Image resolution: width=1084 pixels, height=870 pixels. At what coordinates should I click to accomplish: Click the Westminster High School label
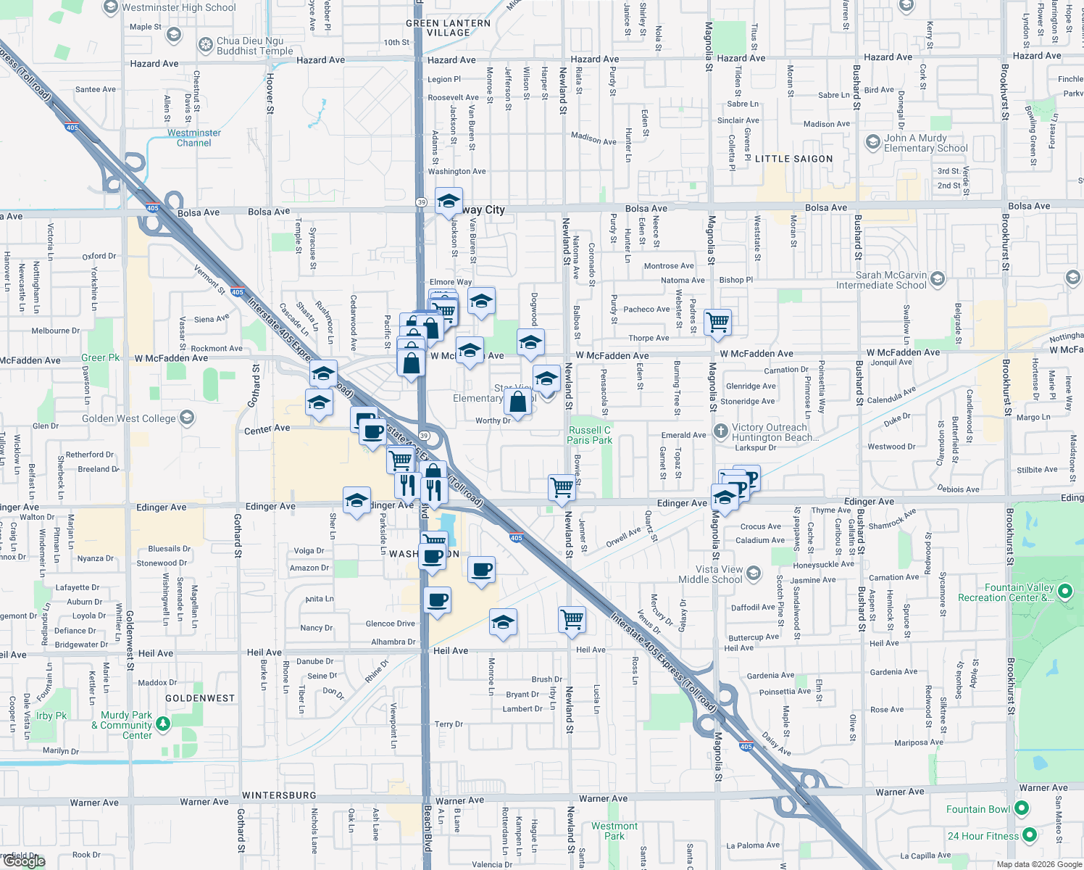pos(178,8)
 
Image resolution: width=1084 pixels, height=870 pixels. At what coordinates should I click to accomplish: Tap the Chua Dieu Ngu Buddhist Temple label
pos(254,46)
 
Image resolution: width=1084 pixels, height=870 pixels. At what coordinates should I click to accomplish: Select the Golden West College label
pos(129,418)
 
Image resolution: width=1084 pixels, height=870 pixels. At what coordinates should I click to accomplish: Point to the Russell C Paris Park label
pos(589,435)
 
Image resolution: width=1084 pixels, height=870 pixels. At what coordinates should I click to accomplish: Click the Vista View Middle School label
pos(710,574)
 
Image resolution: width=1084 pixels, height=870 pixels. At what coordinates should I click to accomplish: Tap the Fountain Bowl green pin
pos(1022,808)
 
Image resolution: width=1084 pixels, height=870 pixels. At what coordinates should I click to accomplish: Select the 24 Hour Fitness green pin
pos(1029,835)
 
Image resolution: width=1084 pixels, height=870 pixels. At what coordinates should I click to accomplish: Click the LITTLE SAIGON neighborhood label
pos(793,159)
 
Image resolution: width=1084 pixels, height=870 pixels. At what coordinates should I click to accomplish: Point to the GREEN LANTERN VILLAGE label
pos(448,28)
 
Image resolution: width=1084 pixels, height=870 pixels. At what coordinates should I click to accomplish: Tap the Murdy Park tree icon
pos(163,723)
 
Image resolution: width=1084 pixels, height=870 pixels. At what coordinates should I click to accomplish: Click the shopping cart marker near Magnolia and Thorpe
pos(717,321)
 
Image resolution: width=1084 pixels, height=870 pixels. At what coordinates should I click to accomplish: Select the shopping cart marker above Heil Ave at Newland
pos(572,620)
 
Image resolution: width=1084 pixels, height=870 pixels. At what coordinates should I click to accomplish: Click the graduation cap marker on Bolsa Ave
pos(449,201)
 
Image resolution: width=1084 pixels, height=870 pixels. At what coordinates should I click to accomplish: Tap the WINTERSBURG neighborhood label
pos(279,795)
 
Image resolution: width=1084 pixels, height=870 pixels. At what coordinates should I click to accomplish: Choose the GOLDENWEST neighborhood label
pos(200,698)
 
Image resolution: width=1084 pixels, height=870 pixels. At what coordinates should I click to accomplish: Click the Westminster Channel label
pos(194,138)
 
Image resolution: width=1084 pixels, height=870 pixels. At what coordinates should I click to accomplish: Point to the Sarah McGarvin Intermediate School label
pos(881,280)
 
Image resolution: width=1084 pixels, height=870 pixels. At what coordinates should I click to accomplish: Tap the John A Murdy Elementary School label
pos(925,143)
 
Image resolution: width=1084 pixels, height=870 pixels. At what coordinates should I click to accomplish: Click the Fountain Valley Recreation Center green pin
pos(1064,592)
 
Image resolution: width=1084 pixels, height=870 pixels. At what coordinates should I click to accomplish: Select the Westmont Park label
pos(614,831)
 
